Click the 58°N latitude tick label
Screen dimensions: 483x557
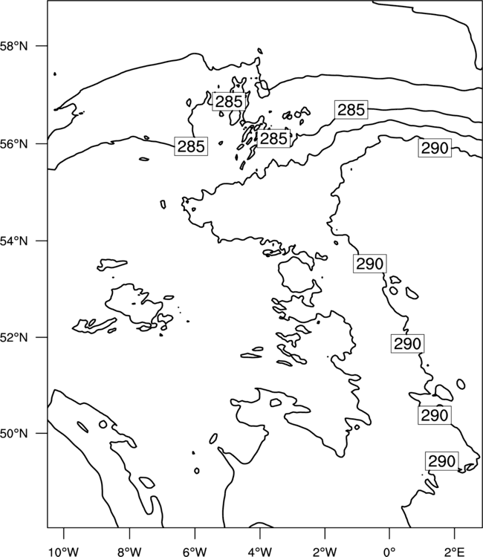click(13, 46)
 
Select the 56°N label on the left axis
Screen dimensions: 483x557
click(13, 144)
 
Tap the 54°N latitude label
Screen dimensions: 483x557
click(13, 241)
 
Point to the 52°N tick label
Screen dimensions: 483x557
click(13, 337)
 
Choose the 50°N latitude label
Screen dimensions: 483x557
click(13, 434)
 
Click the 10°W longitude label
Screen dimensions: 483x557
click(64, 552)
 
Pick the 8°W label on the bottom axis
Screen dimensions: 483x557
click(129, 552)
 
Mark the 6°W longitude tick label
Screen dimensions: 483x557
click(195, 552)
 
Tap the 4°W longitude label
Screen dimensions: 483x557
click(260, 552)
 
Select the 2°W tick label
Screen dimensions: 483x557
click(325, 552)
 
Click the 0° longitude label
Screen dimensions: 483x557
click(389, 552)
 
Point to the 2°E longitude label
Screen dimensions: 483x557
click(455, 552)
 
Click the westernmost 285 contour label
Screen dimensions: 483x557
click(191, 146)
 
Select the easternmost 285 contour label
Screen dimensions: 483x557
click(351, 110)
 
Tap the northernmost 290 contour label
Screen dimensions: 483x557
click(435, 148)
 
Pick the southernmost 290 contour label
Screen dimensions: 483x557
click(442, 461)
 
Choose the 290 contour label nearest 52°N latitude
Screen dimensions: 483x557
click(408, 344)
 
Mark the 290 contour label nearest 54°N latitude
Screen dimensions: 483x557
click(369, 264)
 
